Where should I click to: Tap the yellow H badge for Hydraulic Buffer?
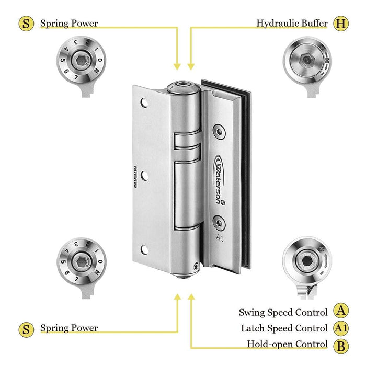[341, 23]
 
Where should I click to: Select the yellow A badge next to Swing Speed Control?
[341, 311]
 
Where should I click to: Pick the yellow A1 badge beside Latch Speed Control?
[341, 328]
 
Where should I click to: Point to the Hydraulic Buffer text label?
[292, 24]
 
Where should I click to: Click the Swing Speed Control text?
[283, 312]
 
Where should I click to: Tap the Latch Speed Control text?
[284, 328]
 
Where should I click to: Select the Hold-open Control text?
[287, 345]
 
